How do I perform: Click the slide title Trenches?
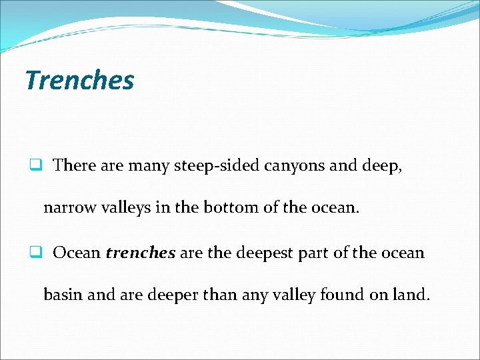point(79,81)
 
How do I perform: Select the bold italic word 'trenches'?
point(140,253)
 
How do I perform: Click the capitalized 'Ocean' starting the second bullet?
point(77,253)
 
